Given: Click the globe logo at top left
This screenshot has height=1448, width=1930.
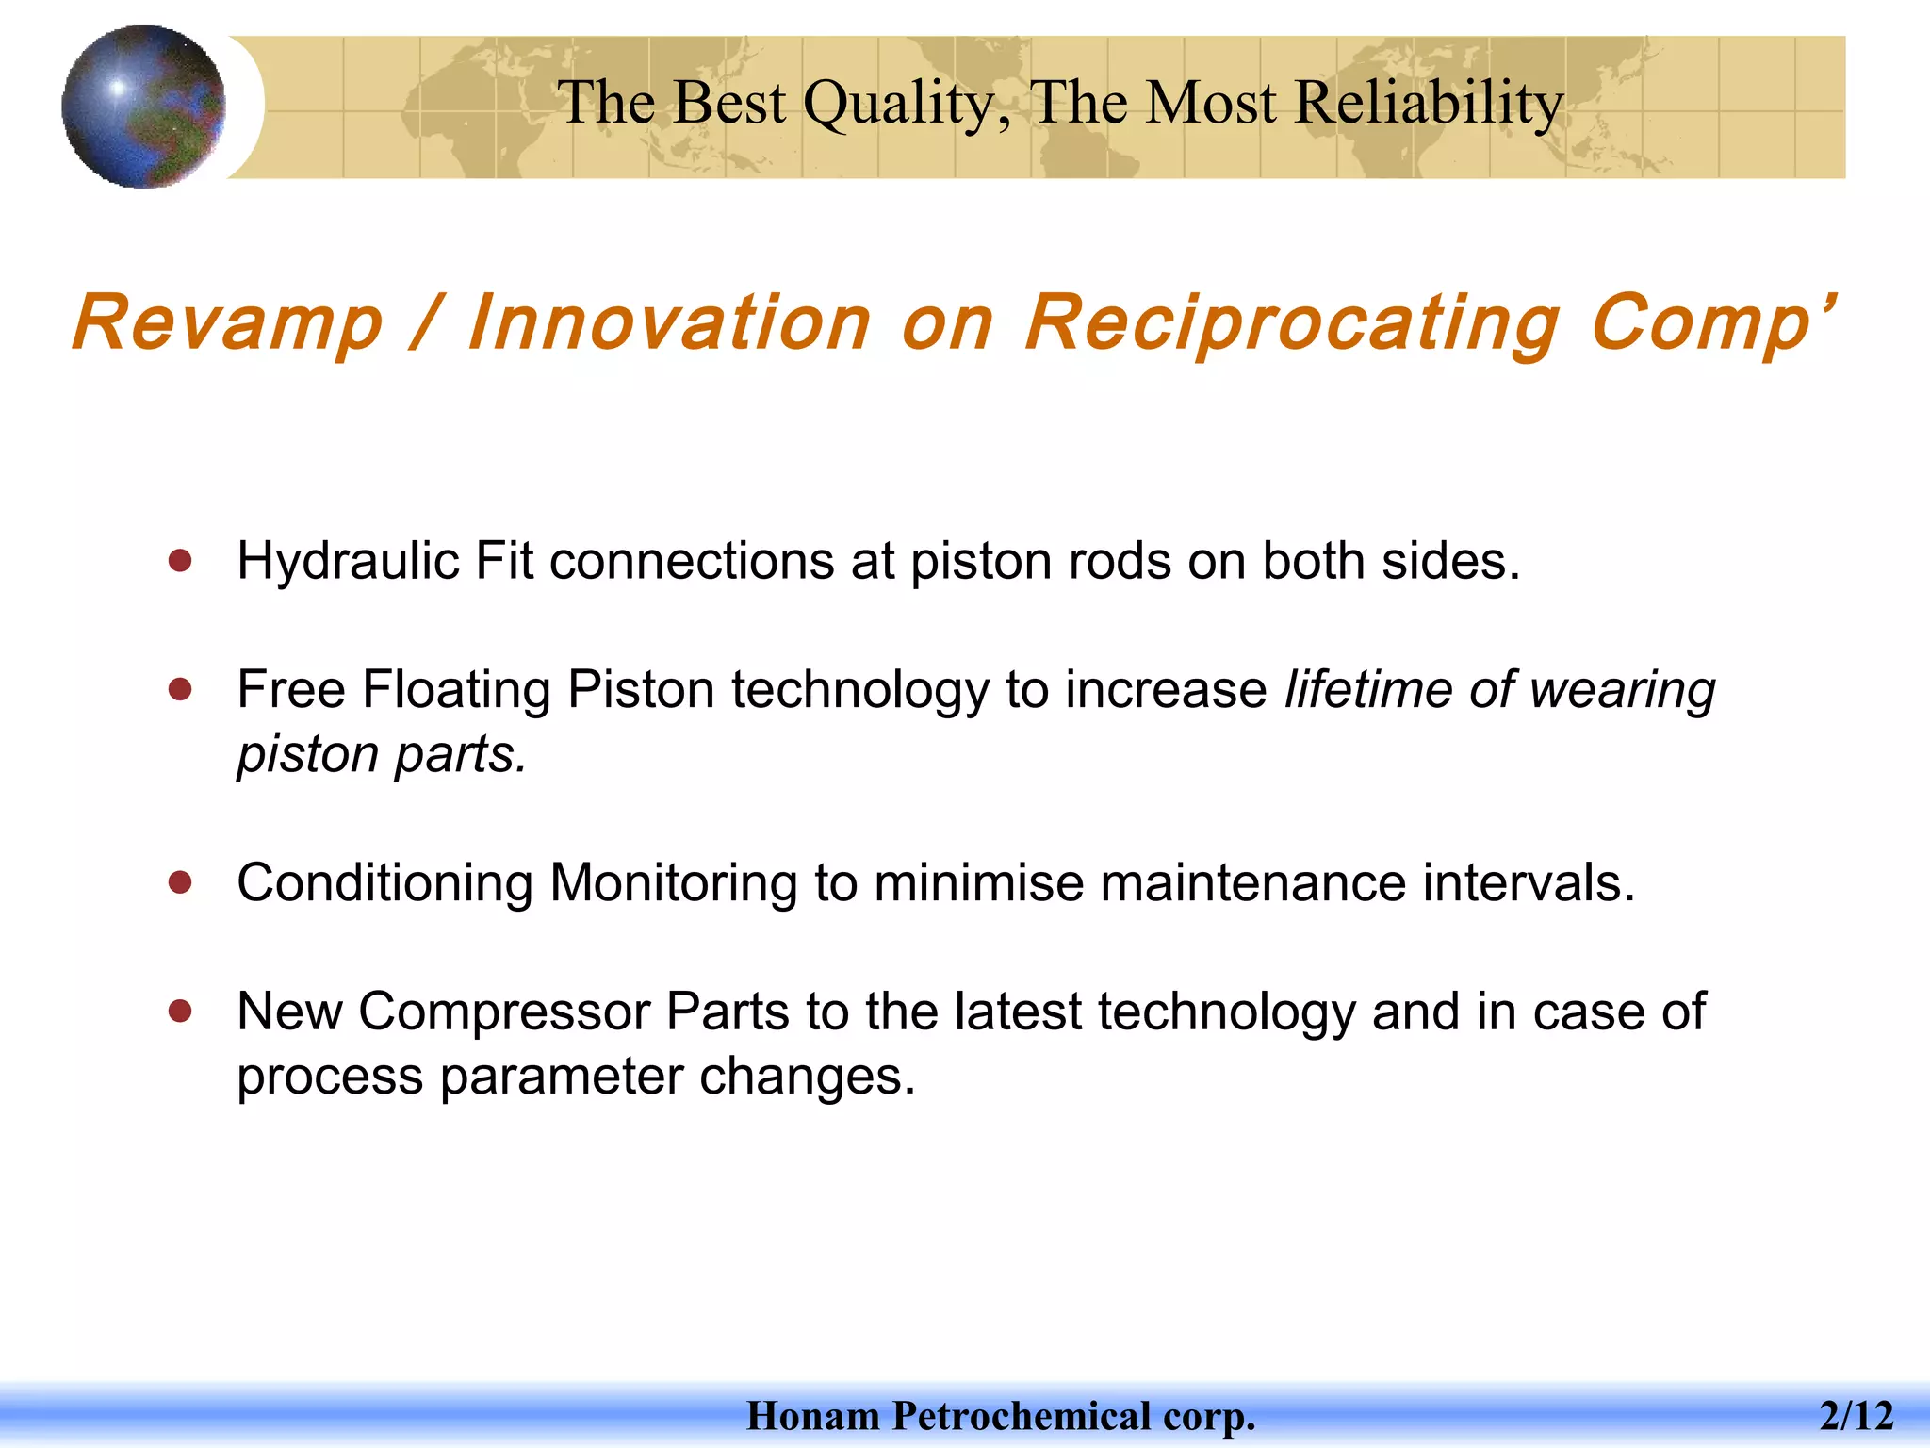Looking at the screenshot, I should pyautogui.click(x=143, y=107).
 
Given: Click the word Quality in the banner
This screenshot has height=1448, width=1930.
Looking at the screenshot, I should pyautogui.click(x=905, y=104).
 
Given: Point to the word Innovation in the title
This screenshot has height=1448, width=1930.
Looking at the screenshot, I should pyautogui.click(x=669, y=323).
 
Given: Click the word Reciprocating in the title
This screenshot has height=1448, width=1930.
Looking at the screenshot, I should pyautogui.click(x=1291, y=323).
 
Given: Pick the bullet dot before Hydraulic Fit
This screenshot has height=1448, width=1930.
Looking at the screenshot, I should pyautogui.click(x=180, y=562).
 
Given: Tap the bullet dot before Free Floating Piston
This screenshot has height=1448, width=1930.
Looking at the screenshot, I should pyautogui.click(x=180, y=689).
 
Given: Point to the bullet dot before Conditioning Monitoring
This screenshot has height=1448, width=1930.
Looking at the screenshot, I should pyautogui.click(x=180, y=883).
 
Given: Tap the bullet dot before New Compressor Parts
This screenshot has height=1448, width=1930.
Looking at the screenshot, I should pyautogui.click(x=180, y=1012).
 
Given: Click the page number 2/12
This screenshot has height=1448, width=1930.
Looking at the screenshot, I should pyautogui.click(x=1856, y=1416).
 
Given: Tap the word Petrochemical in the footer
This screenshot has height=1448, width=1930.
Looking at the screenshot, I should pyautogui.click(x=1022, y=1416).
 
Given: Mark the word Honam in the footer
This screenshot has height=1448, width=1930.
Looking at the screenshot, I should pyautogui.click(x=813, y=1416).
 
